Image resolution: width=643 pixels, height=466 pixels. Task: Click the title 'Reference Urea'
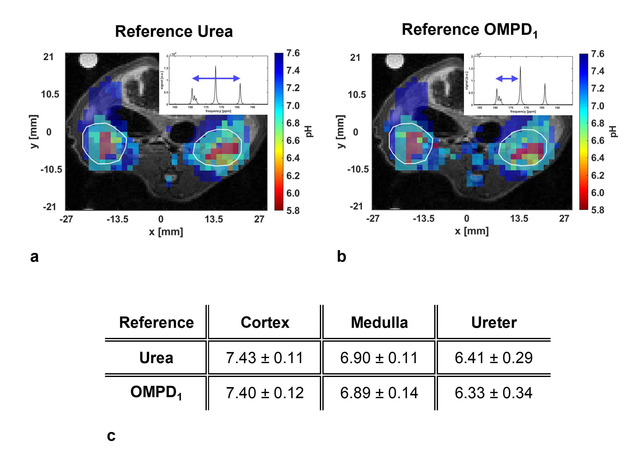point(174,31)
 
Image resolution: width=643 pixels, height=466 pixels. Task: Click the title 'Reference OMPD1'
point(469,30)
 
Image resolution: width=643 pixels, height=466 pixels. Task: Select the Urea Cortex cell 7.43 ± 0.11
point(264,358)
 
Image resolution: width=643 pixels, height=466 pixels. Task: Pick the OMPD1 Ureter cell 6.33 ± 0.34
point(494,393)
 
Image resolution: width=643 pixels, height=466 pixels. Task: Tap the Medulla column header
point(379,323)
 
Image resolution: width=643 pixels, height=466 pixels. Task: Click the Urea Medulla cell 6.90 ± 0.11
point(379,358)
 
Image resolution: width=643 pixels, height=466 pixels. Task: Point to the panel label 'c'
point(111,436)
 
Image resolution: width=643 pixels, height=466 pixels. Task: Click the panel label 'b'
point(341,256)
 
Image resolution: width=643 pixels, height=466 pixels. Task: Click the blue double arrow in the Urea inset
point(216,78)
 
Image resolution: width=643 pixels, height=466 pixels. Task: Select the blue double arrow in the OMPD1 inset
point(507,79)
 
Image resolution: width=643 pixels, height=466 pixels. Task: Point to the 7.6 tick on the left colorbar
point(293,53)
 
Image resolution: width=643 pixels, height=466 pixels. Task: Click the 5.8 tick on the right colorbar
point(597,210)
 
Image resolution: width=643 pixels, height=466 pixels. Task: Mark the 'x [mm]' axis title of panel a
point(166,232)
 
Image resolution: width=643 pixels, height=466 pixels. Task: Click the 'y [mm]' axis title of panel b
point(341,132)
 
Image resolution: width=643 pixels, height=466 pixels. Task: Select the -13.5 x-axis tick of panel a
point(117,219)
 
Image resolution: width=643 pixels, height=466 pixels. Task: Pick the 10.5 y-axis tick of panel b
point(357,95)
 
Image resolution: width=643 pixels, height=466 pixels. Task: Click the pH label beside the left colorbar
point(309,131)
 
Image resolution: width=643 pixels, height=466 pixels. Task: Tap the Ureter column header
point(494,323)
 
